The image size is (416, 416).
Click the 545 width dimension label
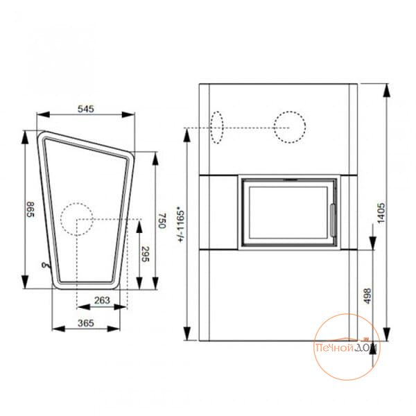[86, 109]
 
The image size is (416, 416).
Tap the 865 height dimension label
[31, 209]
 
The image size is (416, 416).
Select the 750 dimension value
[162, 220]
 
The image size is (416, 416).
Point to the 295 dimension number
[145, 254]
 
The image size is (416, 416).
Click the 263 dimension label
[102, 300]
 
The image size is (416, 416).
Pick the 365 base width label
[86, 323]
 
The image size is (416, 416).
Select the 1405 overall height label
[381, 213]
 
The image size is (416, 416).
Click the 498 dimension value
[367, 296]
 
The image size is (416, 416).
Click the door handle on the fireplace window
[333, 220]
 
